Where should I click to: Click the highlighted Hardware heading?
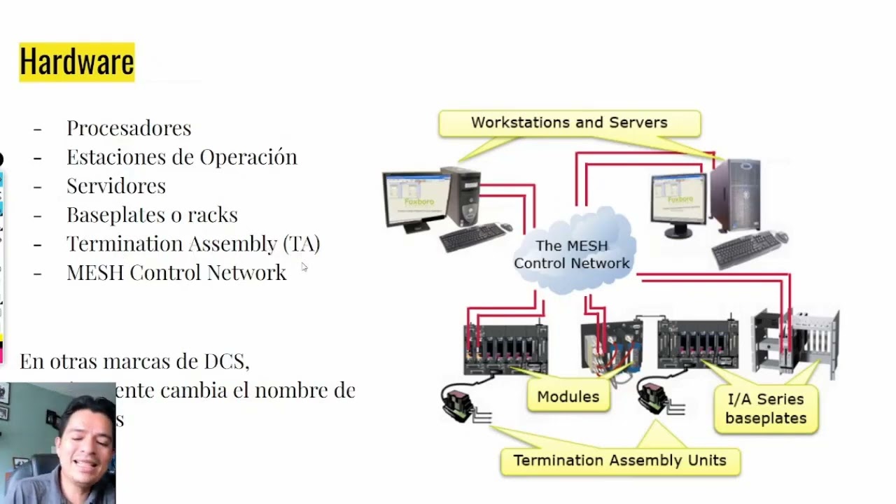[x=76, y=62]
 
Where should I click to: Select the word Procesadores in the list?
[x=129, y=128]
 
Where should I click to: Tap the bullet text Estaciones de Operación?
[x=181, y=157]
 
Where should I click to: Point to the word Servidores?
[x=116, y=185]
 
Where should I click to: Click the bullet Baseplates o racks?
[x=152, y=214]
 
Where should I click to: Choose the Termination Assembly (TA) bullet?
[x=193, y=244]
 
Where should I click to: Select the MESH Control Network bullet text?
[x=176, y=272]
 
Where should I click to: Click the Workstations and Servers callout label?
[x=569, y=123]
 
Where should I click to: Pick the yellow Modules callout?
[x=568, y=397]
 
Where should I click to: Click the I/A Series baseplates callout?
[x=766, y=409]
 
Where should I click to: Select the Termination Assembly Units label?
[x=619, y=461]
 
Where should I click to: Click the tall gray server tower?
[x=735, y=195]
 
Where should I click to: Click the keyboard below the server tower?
[x=749, y=248]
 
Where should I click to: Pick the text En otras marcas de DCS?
[x=134, y=361]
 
